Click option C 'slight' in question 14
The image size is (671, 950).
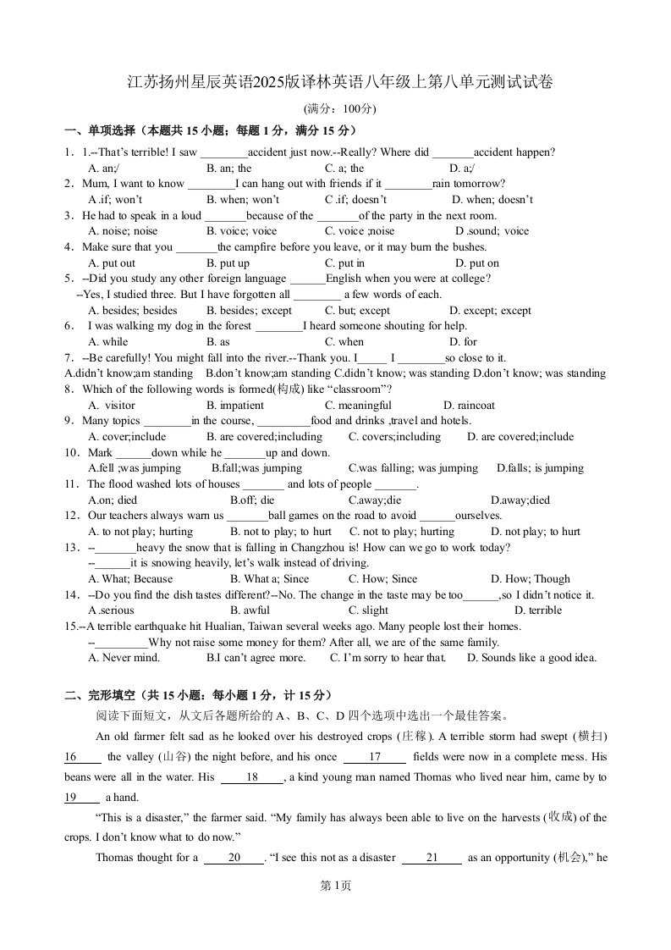368,610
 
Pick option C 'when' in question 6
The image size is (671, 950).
344,342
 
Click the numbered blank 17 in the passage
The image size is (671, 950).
374,757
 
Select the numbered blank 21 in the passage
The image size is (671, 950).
431,858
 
